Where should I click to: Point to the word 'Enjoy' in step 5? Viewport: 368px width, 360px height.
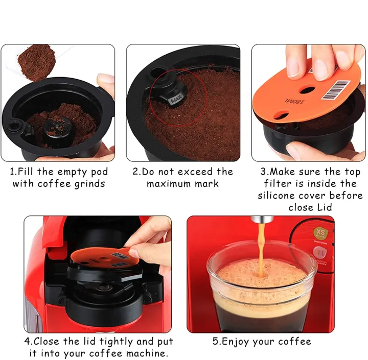(x=239, y=341)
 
